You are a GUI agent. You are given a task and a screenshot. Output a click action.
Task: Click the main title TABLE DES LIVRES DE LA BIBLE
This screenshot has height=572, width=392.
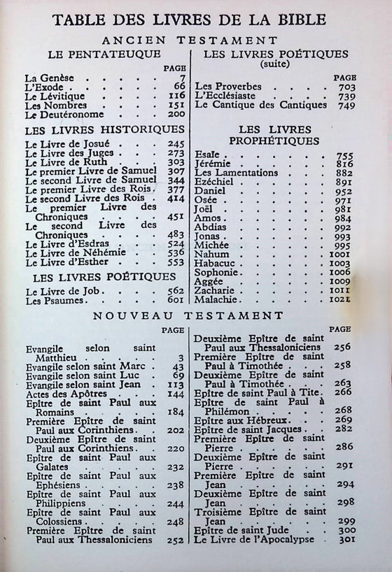click(x=195, y=20)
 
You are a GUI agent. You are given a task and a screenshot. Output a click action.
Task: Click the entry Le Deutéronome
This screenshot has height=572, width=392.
click(x=64, y=114)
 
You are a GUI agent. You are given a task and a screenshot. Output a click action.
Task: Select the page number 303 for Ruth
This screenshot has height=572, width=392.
click(x=176, y=162)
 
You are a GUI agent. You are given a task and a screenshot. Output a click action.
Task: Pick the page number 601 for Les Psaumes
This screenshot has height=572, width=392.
click(x=176, y=300)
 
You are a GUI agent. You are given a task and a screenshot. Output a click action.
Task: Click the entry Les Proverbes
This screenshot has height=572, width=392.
click(x=228, y=87)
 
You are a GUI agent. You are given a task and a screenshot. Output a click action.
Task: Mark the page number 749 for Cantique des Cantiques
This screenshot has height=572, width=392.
click(x=367, y=105)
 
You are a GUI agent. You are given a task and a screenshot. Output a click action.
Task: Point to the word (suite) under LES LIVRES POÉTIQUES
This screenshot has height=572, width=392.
click(x=274, y=64)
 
